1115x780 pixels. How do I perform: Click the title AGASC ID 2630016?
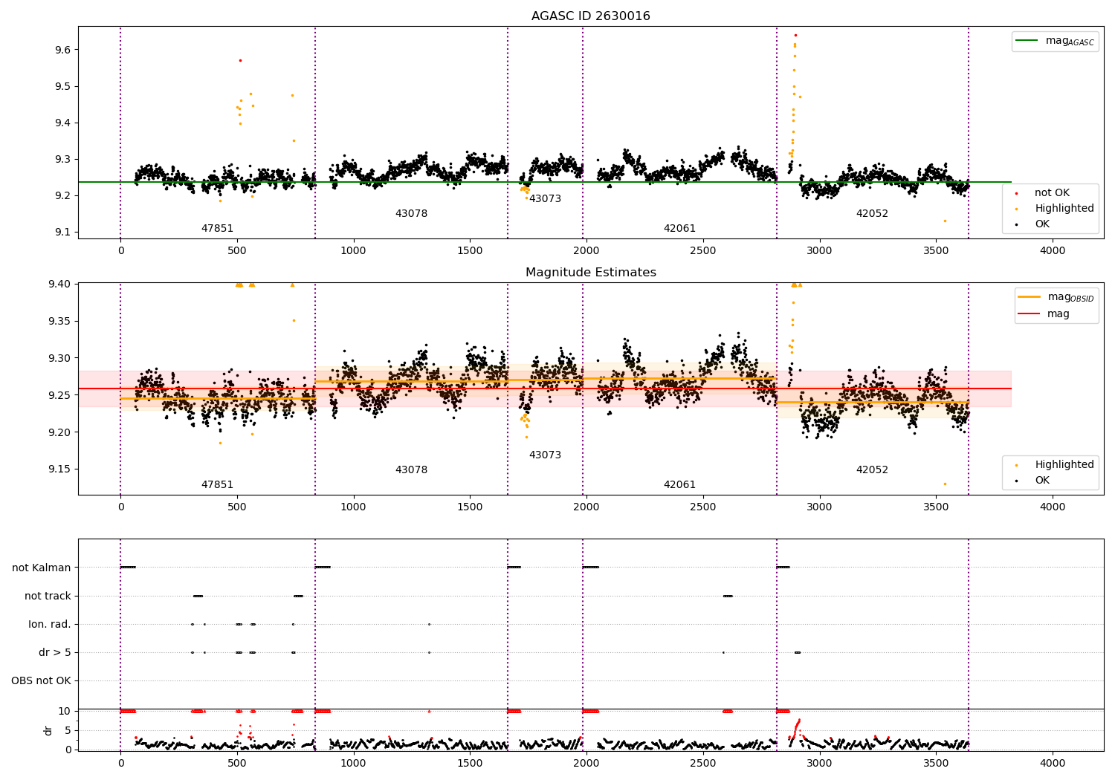tap(590, 16)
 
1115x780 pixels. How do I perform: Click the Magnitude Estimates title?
tap(590, 273)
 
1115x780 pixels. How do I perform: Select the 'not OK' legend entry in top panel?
tap(1052, 193)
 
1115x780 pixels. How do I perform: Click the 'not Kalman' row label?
tap(42, 568)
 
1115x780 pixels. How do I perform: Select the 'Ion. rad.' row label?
tap(50, 624)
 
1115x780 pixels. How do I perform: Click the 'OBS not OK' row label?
tap(42, 680)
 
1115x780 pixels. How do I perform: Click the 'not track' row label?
tap(48, 596)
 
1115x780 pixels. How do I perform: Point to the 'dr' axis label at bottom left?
tap(48, 730)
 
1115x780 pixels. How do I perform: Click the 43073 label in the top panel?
tap(545, 199)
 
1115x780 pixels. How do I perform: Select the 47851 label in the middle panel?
tap(217, 485)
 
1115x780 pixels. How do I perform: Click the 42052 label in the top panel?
tap(872, 214)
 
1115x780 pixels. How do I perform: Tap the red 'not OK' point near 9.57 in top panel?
tap(240, 60)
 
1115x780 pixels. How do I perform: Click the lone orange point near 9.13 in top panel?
tap(945, 221)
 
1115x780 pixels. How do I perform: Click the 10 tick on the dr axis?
tap(65, 711)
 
